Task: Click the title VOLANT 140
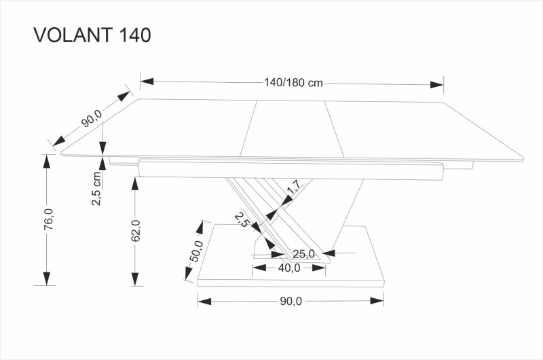click(x=92, y=35)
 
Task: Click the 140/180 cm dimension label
click(x=294, y=83)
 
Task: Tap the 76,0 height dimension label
click(x=49, y=219)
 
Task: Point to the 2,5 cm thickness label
click(x=96, y=188)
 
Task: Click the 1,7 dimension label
click(x=295, y=187)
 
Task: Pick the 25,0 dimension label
click(x=303, y=254)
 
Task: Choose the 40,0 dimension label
click(x=289, y=268)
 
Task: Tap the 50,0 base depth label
click(x=196, y=251)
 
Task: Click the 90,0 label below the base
click(x=291, y=301)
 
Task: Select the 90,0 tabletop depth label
click(x=92, y=118)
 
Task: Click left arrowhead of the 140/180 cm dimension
click(x=147, y=82)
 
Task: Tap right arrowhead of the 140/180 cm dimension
click(x=436, y=84)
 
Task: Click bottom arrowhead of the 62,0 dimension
click(x=135, y=279)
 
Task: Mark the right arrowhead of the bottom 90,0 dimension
click(x=377, y=301)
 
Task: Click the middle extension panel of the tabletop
click(x=292, y=129)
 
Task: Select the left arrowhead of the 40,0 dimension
click(x=259, y=268)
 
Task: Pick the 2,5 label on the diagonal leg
click(x=242, y=219)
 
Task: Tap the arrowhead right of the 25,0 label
click(x=329, y=253)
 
